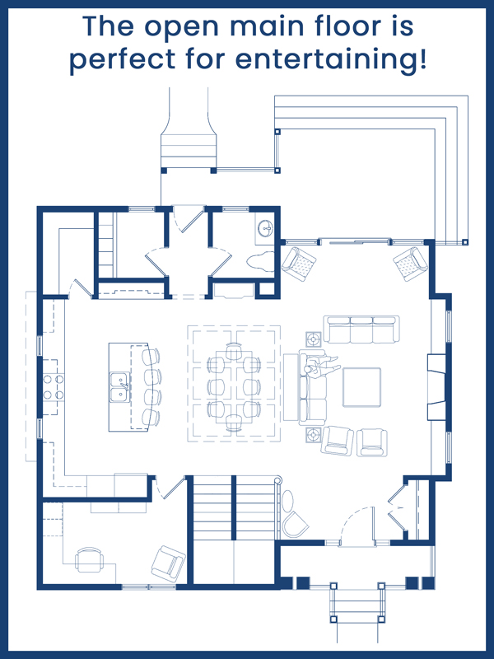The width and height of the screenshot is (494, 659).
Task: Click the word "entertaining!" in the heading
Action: click(x=331, y=59)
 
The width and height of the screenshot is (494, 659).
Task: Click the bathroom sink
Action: click(x=265, y=228)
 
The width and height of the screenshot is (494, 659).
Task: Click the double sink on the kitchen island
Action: click(x=119, y=387)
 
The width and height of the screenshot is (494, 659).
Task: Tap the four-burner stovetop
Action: click(x=54, y=387)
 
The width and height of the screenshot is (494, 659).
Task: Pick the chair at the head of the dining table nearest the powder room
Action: click(x=234, y=352)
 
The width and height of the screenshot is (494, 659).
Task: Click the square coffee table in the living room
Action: click(x=361, y=387)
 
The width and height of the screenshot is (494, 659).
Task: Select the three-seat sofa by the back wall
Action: click(x=361, y=329)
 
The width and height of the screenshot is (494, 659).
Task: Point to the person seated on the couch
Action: click(x=321, y=365)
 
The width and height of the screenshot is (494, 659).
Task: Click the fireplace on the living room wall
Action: click(x=436, y=387)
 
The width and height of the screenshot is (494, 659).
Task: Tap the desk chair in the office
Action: click(x=89, y=560)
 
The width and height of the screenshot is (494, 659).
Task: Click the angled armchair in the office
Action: click(x=168, y=563)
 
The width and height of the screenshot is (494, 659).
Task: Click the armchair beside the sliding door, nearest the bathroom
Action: click(x=299, y=264)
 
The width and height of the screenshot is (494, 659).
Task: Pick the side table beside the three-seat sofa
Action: click(x=314, y=339)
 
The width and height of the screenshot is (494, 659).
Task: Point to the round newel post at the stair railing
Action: click(x=277, y=479)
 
